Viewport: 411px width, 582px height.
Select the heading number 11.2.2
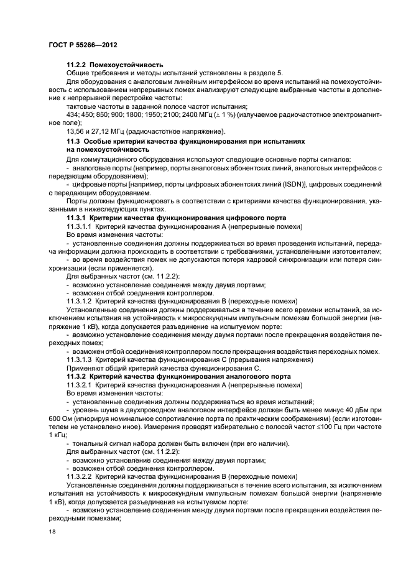77,64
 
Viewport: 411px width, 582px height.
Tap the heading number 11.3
73,142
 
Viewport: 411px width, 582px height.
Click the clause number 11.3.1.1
80,227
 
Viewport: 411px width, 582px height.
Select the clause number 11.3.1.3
80,360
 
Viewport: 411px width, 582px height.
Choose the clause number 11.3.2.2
80,474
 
